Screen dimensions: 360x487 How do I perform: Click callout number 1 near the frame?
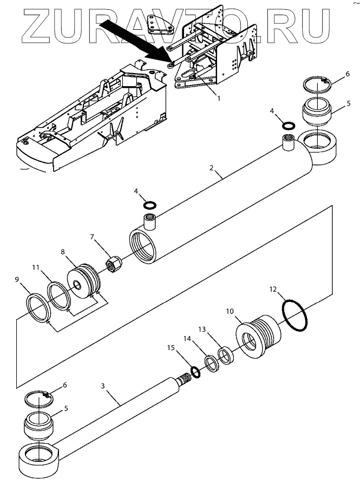pos(219,98)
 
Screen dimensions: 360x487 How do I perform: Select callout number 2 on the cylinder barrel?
pos(212,168)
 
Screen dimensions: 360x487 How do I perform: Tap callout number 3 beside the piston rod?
pos(103,386)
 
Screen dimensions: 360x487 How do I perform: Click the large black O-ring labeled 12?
pos(295,315)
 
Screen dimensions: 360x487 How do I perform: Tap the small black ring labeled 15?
pos(195,372)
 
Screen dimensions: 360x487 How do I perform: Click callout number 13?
pos(202,329)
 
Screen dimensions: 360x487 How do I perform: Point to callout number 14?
pos(187,339)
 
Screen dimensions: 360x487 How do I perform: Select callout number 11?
pos(36,267)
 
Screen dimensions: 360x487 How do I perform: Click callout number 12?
pos(273,289)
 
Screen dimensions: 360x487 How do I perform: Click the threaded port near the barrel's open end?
pos(150,222)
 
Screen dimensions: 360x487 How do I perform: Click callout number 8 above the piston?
pos(63,252)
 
